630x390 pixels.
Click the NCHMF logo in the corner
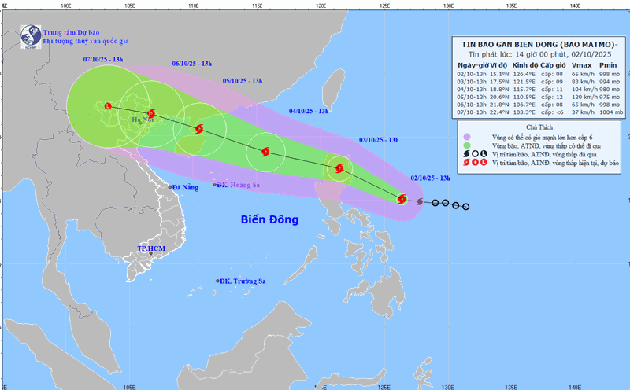coord(31,36)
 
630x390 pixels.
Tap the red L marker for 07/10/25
coord(108,105)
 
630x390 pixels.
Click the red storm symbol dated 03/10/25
coord(339,167)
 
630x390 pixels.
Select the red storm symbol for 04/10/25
coord(265,152)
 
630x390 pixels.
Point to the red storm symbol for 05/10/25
coord(199,129)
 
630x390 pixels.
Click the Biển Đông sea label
coord(269,220)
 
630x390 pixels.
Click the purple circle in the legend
coord(467,137)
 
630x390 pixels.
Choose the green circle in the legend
coord(467,145)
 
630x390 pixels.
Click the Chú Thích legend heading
coord(539,127)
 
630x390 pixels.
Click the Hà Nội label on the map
coord(143,120)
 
